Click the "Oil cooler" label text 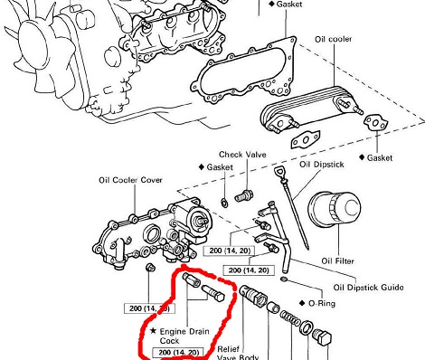(333, 39)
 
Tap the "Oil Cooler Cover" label (130, 180)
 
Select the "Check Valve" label (242, 155)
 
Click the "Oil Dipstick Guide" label (368, 288)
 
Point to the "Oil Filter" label (337, 261)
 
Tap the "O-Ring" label (322, 303)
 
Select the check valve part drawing (244, 196)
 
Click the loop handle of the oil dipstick (279, 173)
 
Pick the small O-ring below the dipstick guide (284, 279)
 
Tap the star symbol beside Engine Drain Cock (153, 331)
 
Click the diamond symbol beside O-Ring (302, 303)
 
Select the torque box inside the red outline (180, 352)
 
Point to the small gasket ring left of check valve (224, 203)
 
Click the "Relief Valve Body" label (238, 353)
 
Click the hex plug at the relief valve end (322, 337)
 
